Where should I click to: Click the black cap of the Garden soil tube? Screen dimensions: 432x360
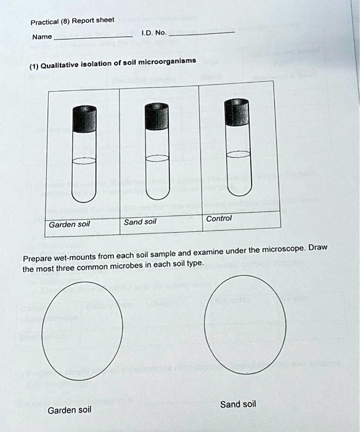84,119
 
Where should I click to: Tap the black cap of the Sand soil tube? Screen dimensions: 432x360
157,117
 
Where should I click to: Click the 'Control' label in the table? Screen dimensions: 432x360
218,218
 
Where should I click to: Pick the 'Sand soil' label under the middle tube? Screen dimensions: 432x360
141,222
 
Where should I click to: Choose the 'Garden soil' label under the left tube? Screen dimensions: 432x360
69,224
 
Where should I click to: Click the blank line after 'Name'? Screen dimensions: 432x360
93,37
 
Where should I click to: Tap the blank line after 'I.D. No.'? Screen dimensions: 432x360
201,32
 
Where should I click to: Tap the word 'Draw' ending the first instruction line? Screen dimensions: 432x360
317,247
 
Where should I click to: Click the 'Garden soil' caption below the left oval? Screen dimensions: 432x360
69,410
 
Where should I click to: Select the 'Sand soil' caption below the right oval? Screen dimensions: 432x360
238,404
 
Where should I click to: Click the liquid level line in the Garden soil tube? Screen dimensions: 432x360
84,162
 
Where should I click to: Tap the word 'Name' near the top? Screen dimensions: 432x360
42,37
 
